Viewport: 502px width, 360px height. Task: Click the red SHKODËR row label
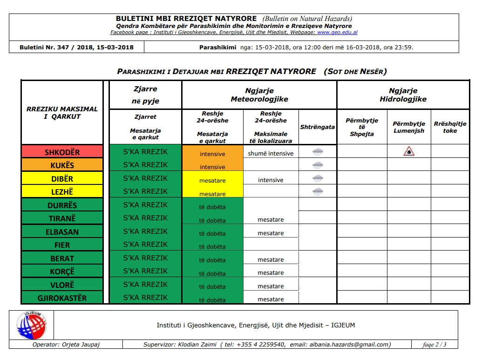coord(62,152)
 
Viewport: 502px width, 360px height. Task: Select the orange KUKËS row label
coord(62,165)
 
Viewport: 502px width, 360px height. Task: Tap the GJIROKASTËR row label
coord(62,298)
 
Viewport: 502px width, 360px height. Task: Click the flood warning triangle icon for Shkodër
coord(408,151)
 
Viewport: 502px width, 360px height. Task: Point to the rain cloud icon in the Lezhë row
coord(318,191)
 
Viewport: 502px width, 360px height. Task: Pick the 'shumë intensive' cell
coord(271,153)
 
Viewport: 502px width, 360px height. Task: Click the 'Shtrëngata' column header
coord(318,127)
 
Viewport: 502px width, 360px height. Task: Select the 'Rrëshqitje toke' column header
coord(450,127)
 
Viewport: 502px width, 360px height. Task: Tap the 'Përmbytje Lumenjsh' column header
coord(408,127)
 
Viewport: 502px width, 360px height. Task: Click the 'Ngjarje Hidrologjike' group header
coord(403,95)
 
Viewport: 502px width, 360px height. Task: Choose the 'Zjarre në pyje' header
coord(145,95)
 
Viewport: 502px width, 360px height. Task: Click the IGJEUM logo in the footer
coord(31,325)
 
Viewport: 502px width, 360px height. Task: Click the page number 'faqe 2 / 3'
coord(434,345)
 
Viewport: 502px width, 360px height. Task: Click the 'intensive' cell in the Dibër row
coord(271,180)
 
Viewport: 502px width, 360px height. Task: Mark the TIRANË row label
coord(62,218)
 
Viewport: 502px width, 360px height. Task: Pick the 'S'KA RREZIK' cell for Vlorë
coord(145,284)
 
